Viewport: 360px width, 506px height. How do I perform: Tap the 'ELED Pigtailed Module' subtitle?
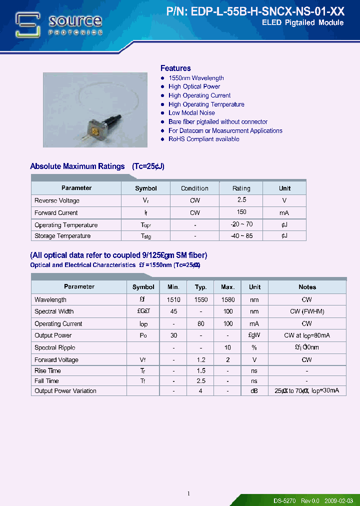pyautogui.click(x=302, y=23)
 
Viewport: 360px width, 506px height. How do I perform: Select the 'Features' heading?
pyautogui.click(x=175, y=68)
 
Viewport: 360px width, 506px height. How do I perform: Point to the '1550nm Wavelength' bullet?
pyautogui.click(x=196, y=78)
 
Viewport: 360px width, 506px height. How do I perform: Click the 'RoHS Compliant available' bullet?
pyautogui.click(x=203, y=139)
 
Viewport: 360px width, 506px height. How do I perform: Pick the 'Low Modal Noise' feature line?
pyautogui.click(x=191, y=113)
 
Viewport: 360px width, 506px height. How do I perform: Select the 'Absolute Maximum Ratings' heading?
pyautogui.click(x=77, y=166)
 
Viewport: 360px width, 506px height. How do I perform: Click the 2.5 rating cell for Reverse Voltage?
pyautogui.click(x=241, y=200)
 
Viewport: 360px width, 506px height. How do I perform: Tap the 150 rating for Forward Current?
pyautogui.click(x=241, y=212)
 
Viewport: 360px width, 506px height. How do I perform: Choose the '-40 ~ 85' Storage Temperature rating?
pyautogui.click(x=241, y=236)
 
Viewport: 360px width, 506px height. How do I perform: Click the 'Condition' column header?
pyautogui.click(x=194, y=188)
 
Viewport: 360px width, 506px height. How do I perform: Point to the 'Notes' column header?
pyautogui.click(x=307, y=287)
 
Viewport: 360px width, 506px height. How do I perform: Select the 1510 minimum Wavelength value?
pyautogui.click(x=173, y=299)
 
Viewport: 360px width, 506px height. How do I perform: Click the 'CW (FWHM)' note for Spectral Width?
pyautogui.click(x=307, y=311)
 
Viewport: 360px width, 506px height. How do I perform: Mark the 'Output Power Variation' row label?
pyautogui.click(x=65, y=391)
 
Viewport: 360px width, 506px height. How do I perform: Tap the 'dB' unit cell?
pyautogui.click(x=254, y=391)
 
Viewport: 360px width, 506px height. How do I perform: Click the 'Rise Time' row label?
pyautogui.click(x=47, y=371)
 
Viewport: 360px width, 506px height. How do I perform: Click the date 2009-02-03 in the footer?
pyautogui.click(x=338, y=500)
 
